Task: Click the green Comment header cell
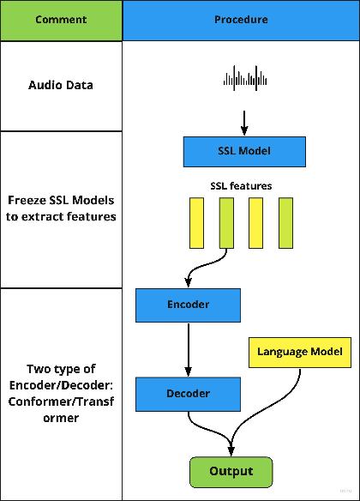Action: (61, 20)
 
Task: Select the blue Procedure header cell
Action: (241, 20)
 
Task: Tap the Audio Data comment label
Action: (61, 86)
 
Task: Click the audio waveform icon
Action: (244, 79)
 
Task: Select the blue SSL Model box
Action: (244, 152)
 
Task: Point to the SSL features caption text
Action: (241, 186)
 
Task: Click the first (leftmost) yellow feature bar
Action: (197, 222)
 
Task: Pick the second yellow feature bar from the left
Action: (226, 222)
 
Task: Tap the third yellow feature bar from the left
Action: (255, 222)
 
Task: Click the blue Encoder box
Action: (188, 305)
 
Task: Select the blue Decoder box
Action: (188, 394)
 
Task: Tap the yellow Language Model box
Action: (299, 352)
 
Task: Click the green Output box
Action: (231, 471)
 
